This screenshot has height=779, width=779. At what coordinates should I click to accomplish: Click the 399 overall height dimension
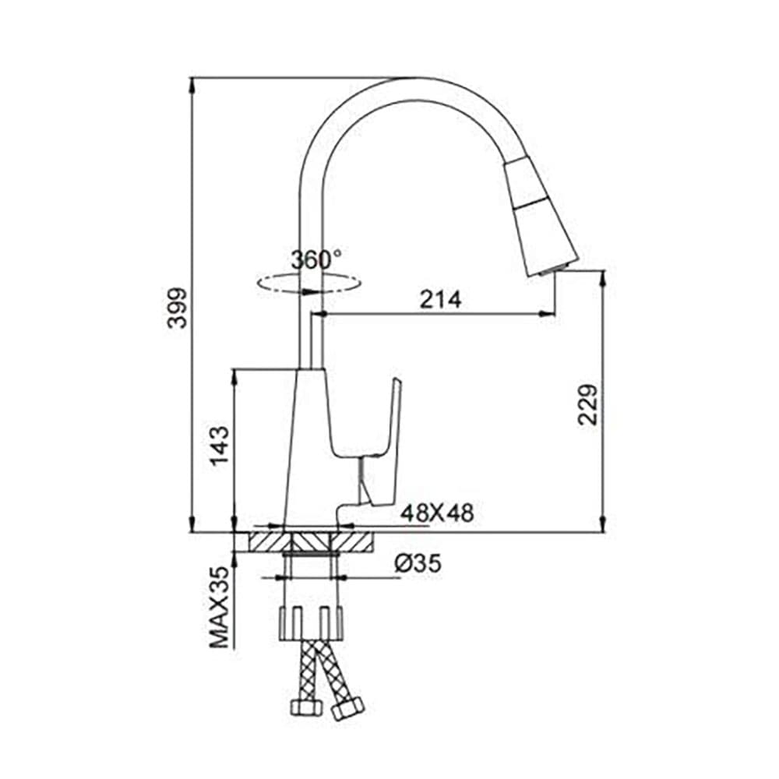point(177,307)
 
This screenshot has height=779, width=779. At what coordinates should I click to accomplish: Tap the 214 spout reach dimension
point(440,300)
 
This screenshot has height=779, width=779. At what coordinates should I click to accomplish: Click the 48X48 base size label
point(437,513)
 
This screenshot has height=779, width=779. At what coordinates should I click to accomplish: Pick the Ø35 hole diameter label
point(418,563)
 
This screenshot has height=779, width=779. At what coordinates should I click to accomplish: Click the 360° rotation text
point(316,260)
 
